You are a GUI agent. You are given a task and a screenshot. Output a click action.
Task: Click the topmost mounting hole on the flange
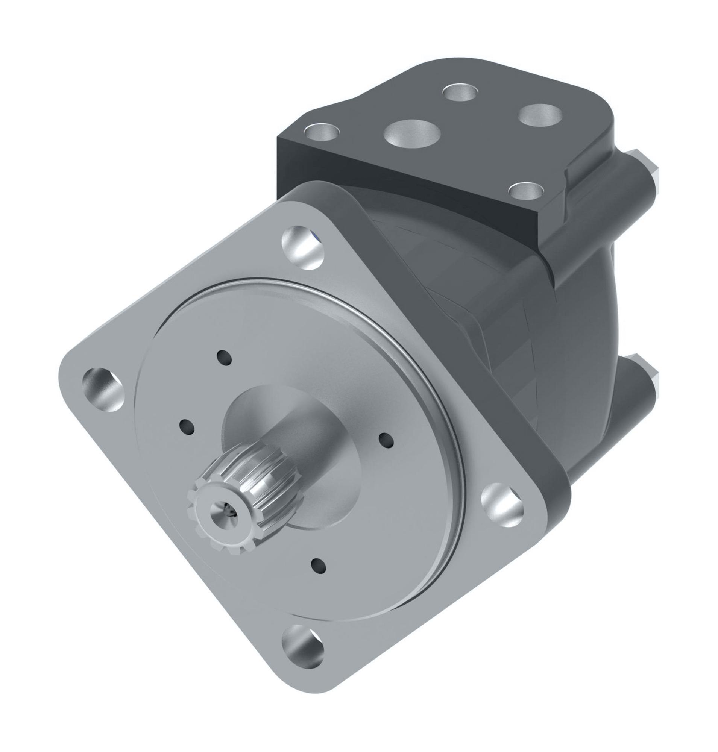[303, 248]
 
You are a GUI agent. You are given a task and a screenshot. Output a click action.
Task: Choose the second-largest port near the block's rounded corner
[540, 114]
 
